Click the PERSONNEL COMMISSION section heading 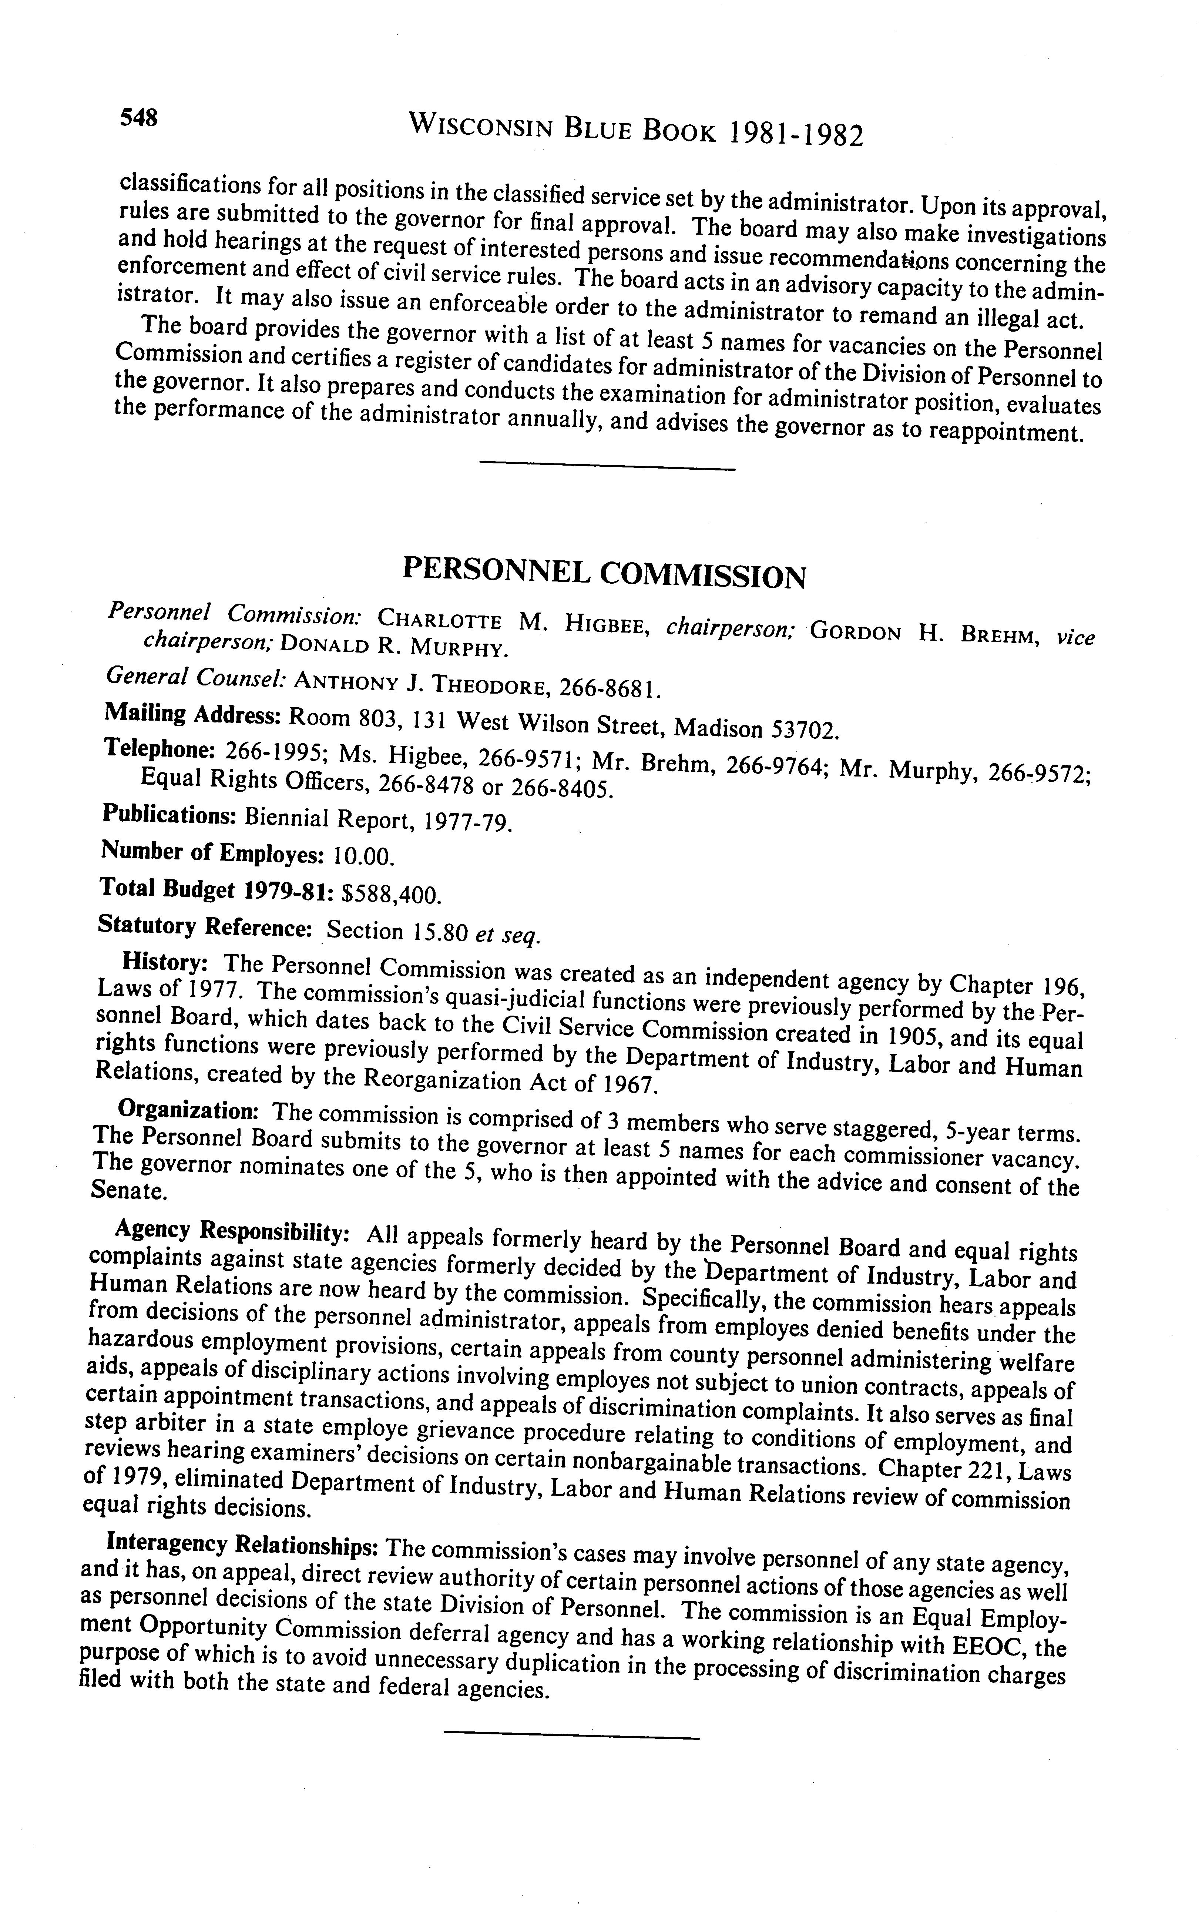coord(604,573)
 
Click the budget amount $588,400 coord(390,895)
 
